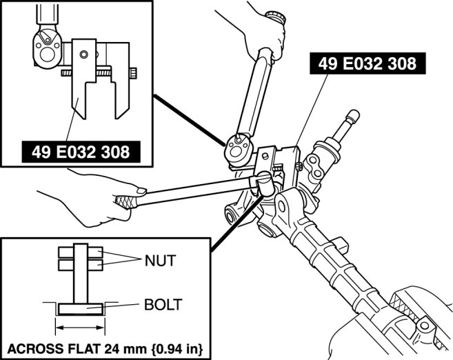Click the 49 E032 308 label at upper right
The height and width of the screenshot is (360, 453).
click(x=368, y=65)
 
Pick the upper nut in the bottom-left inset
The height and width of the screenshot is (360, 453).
click(x=82, y=252)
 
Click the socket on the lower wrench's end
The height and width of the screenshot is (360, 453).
click(x=265, y=183)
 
